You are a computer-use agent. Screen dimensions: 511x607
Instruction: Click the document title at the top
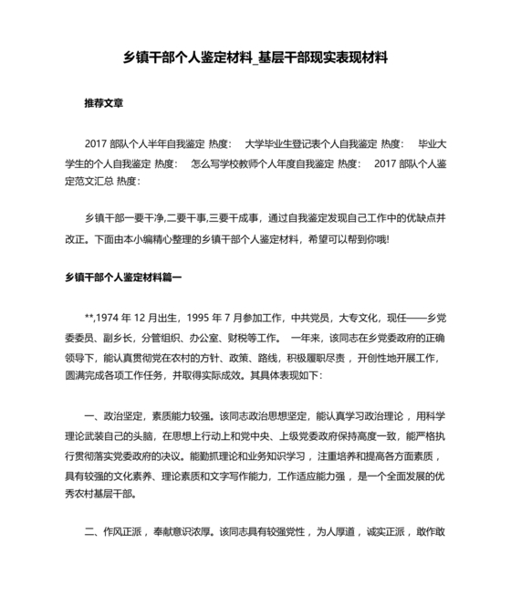pyautogui.click(x=255, y=57)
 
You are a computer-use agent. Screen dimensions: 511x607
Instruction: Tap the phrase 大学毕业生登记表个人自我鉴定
pyautogui.click(x=311, y=144)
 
